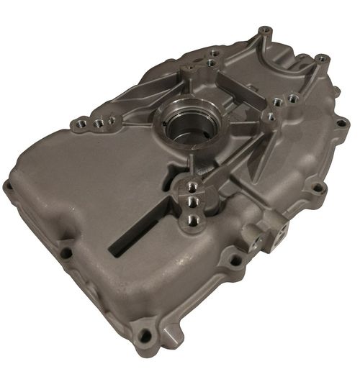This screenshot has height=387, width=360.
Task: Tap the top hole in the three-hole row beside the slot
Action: (192, 186)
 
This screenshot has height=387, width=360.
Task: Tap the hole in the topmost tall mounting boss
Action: (266, 31)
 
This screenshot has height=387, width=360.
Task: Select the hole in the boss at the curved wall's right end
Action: (323, 59)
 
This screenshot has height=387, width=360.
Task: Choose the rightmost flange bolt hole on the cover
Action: (341, 123)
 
